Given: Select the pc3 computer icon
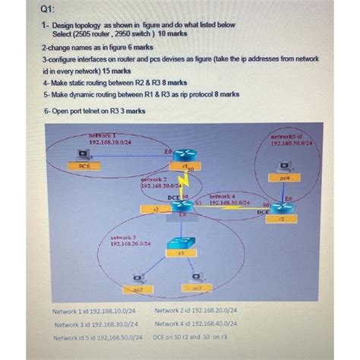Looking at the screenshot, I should click(197, 278).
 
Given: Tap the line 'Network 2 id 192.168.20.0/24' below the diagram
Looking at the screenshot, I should click(195, 311).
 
